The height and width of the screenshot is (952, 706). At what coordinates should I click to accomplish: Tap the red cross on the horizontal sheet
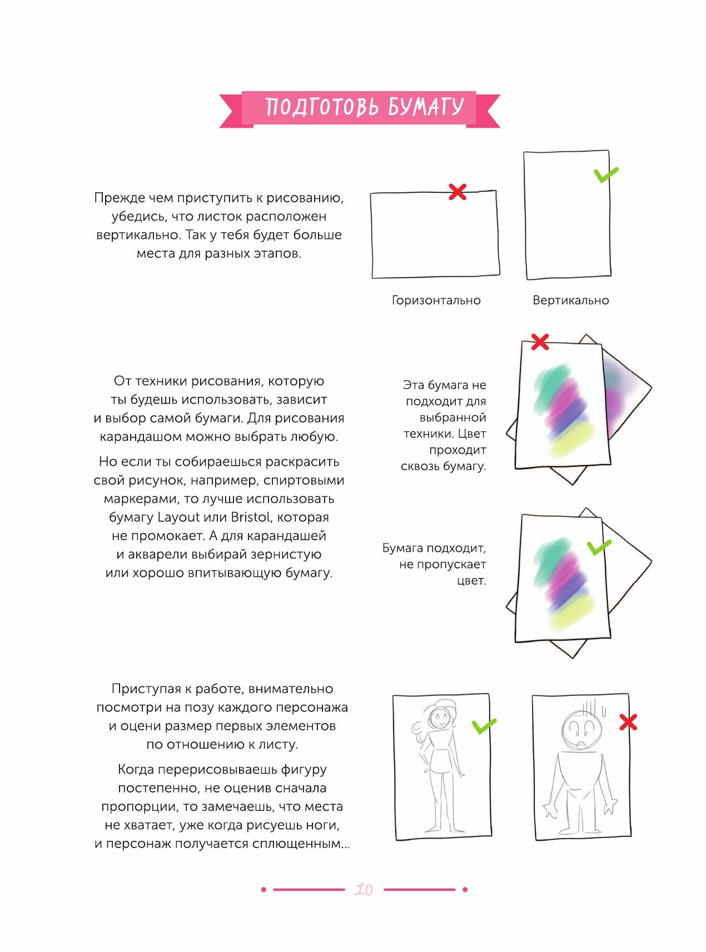coord(457,192)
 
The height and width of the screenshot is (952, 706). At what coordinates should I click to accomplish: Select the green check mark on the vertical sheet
coord(605,175)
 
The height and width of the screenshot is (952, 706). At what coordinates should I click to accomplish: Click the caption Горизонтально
coord(436,301)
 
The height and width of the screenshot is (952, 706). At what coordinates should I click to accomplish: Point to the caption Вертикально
coord(570,301)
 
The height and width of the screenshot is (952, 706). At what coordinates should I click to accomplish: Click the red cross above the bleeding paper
coord(539,342)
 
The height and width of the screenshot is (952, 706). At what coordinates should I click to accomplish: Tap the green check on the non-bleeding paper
coord(599,547)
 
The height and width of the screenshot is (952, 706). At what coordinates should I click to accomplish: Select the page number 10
coord(364,890)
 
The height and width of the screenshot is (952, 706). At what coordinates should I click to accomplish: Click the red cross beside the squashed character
coord(628,722)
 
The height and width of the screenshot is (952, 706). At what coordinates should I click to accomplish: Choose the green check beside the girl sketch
coord(484,726)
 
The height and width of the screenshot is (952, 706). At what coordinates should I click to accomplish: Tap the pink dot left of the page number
coord(263,890)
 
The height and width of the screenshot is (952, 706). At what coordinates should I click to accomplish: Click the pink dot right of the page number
coord(465,890)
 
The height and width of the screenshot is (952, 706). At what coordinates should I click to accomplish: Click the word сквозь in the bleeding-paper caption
coord(420,467)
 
